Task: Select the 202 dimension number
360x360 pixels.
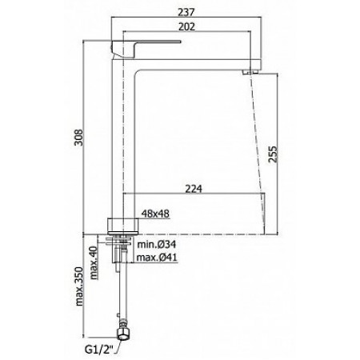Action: [189, 26]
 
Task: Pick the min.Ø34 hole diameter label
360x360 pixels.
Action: [157, 243]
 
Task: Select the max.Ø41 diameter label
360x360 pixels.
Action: [157, 257]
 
